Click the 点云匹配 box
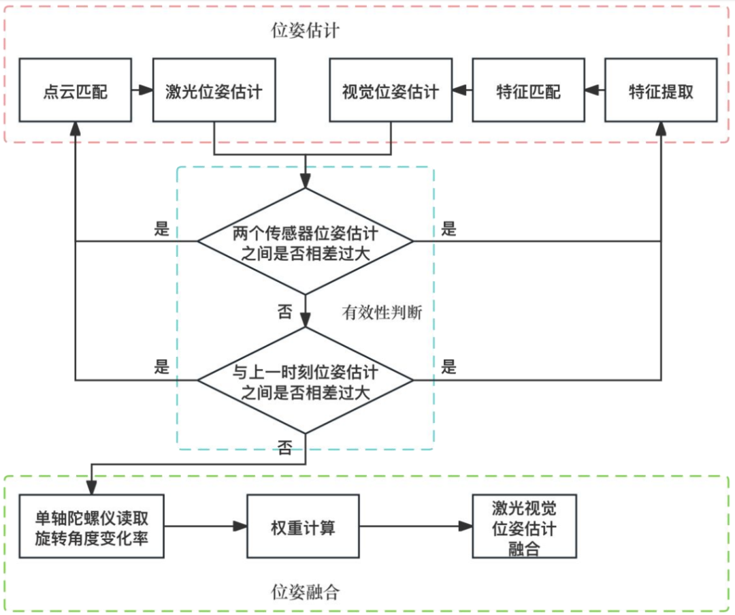(x=74, y=91)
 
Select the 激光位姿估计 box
(x=214, y=91)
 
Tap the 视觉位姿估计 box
(x=391, y=91)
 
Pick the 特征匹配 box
(x=528, y=91)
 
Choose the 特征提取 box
(x=660, y=91)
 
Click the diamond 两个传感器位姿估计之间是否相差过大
(x=306, y=241)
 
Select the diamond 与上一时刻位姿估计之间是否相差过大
(x=306, y=380)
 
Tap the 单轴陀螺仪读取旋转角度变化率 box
(x=91, y=526)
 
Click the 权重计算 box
(x=303, y=526)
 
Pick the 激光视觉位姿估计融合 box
(x=524, y=526)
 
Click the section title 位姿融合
(x=304, y=591)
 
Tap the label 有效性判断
(x=382, y=313)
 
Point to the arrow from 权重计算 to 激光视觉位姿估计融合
(x=415, y=526)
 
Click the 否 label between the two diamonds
(x=284, y=312)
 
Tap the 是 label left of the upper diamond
(x=161, y=229)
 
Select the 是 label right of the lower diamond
(x=449, y=368)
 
